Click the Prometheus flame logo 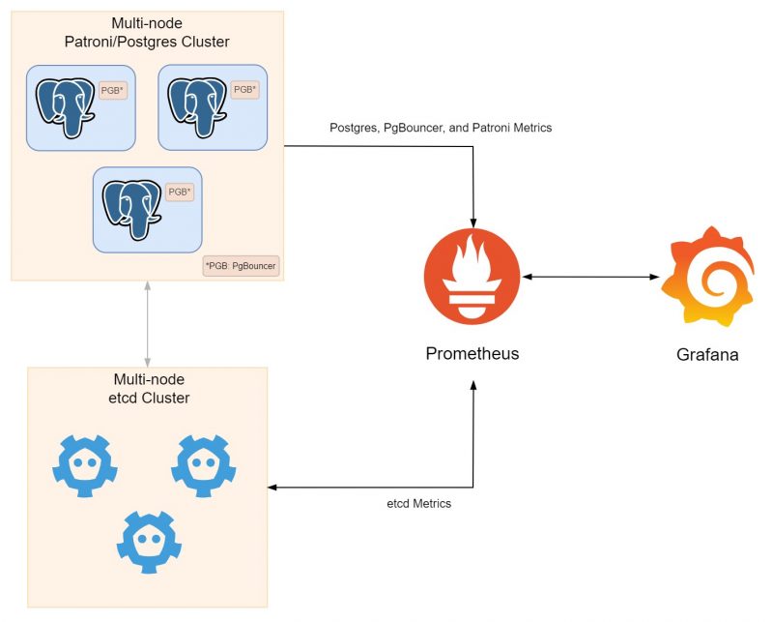[x=472, y=278]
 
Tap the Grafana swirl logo [x=707, y=277]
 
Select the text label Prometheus [x=472, y=353]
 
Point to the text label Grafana [x=707, y=354]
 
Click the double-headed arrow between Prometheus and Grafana [x=590, y=278]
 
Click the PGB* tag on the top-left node [x=113, y=90]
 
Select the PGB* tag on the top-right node [x=245, y=89]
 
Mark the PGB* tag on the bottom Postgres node [x=180, y=193]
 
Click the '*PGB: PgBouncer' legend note [x=241, y=265]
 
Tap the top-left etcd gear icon [x=85, y=465]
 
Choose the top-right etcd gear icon [x=204, y=465]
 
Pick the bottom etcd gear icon [x=149, y=540]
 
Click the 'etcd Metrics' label [x=418, y=504]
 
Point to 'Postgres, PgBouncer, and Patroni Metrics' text [x=441, y=128]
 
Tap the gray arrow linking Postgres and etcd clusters [x=147, y=324]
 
